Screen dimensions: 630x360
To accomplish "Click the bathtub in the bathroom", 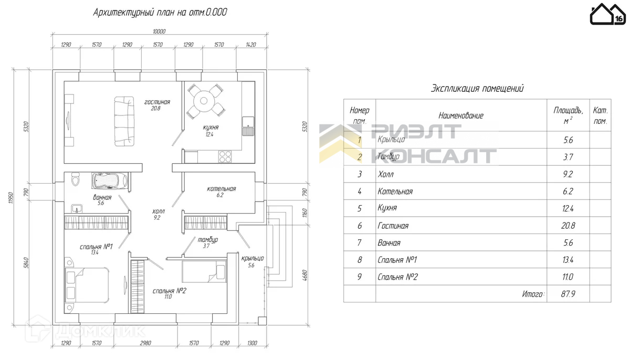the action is pos(111,181).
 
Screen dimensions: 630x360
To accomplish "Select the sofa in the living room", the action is pos(124,121).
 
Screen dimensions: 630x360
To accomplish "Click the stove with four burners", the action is pos(226,156).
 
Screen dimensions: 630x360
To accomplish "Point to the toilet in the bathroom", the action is pos(75,181).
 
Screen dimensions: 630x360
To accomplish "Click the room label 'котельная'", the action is pos(222,189).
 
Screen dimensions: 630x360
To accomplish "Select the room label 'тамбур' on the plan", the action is pos(207,240).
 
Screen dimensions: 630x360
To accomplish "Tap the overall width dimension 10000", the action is pos(159,31).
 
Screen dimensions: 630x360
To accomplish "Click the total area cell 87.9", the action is pos(568,294).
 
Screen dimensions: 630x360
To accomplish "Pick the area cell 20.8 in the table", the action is pos(568,226).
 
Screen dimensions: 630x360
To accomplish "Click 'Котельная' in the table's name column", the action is pos(395,192).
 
